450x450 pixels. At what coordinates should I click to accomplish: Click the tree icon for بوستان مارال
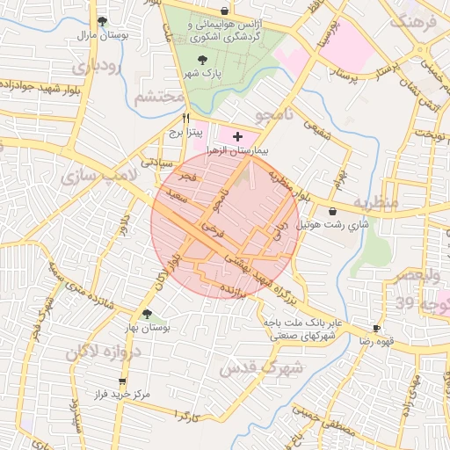pos(104,22)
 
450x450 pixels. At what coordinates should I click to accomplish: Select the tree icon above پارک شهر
pos(205,61)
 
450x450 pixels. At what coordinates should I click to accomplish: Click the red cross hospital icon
pos(237,136)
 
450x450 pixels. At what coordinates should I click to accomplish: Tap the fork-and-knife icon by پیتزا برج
pos(185,118)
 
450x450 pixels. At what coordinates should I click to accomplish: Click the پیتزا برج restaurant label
pos(186,133)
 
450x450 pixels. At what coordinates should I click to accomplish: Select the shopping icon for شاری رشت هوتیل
pos(334,211)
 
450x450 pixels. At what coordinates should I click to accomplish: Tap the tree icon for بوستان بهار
pos(147,313)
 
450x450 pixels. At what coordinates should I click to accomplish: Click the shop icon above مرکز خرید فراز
pos(122,381)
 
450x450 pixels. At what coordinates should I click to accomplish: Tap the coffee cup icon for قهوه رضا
pos(377,326)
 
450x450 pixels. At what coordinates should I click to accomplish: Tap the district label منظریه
pos(375,202)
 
